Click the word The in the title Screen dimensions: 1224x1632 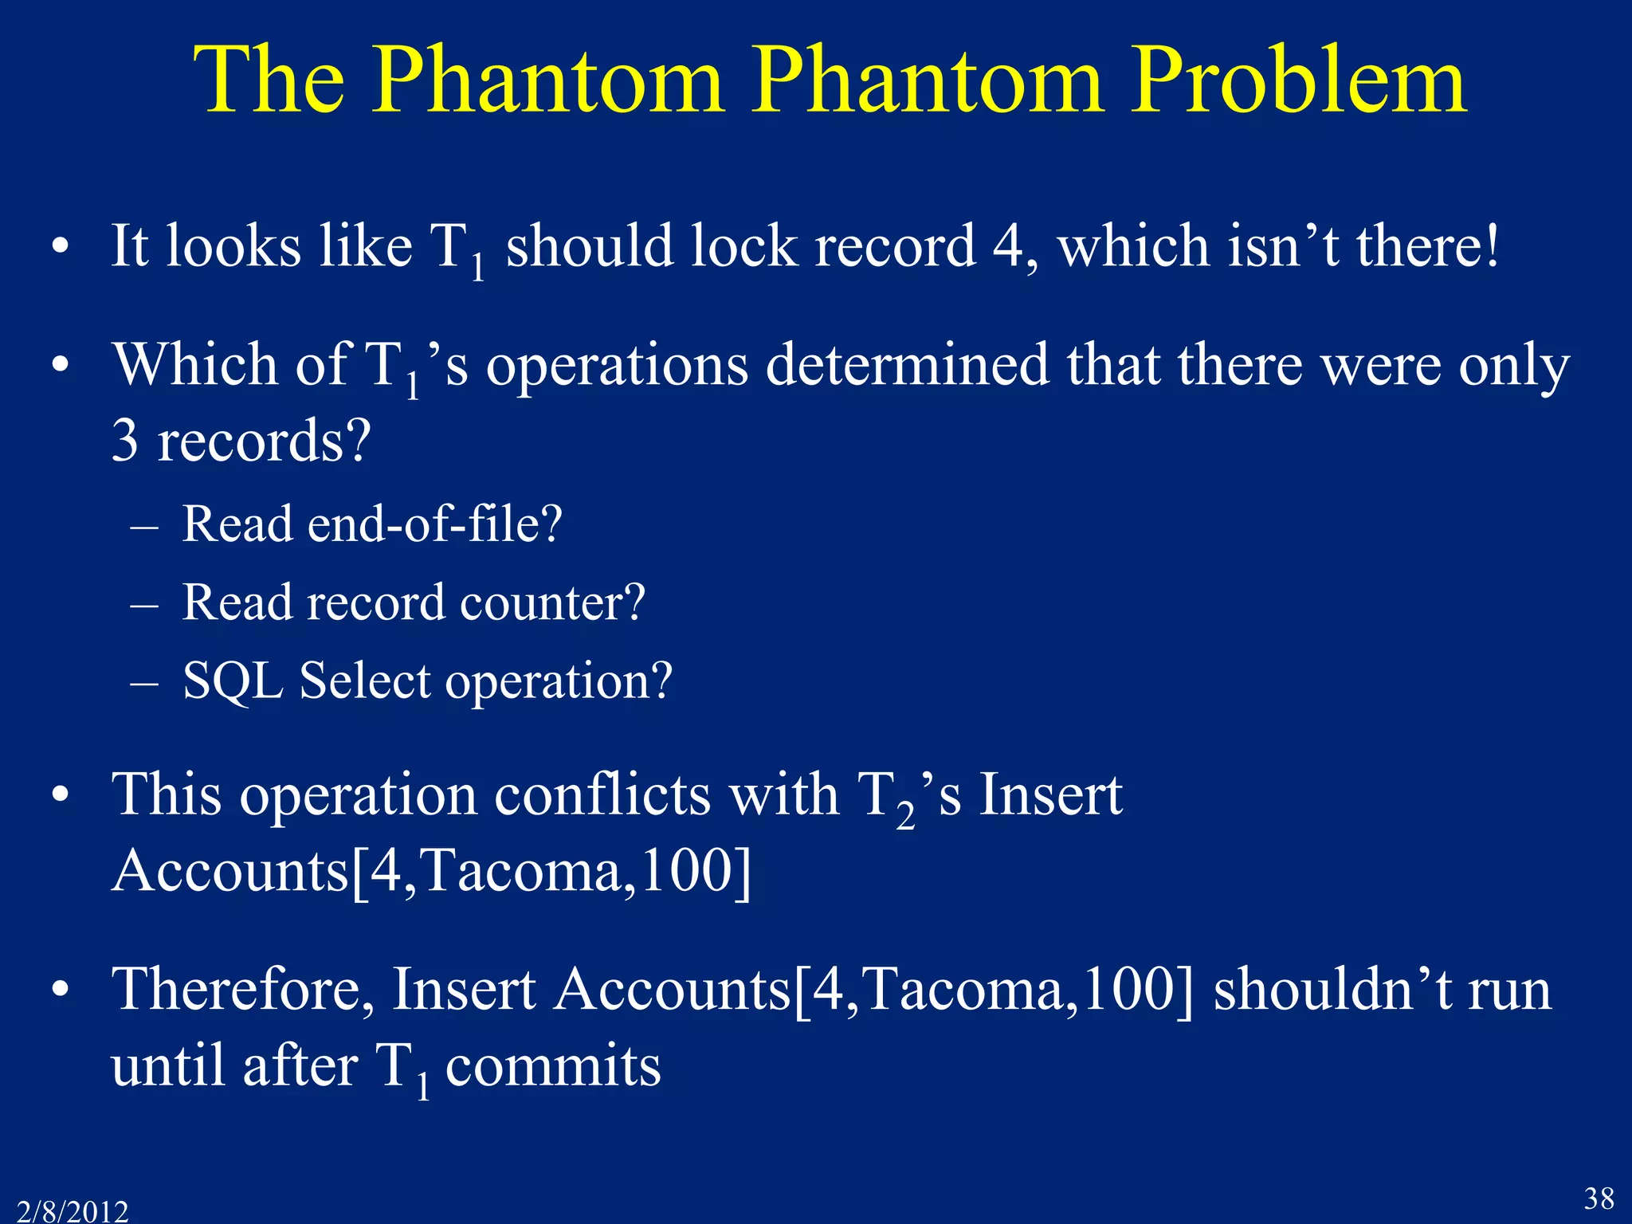[269, 80]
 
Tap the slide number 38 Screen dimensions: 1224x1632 [1598, 1198]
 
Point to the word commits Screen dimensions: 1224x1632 [552, 1066]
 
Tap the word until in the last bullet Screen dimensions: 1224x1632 [168, 1066]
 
